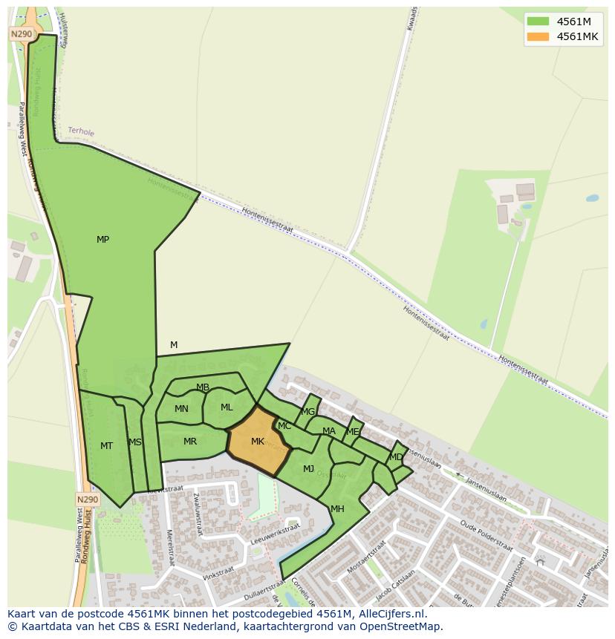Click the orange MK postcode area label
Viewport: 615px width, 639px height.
point(258,442)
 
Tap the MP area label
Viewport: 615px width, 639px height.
point(102,240)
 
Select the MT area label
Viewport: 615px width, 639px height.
point(106,446)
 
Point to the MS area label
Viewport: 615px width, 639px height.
point(134,442)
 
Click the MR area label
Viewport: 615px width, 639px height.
point(190,442)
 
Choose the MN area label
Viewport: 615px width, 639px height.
point(181,409)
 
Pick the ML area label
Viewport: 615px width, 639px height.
point(227,407)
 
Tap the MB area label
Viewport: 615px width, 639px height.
point(203,387)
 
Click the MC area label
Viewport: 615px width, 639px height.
point(284,426)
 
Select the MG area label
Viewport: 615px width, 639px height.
point(308,412)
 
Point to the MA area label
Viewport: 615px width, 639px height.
point(329,431)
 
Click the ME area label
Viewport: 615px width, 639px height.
point(353,432)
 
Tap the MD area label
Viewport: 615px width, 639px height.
point(396,457)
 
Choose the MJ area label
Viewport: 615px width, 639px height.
point(308,468)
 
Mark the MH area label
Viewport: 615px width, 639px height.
point(337,509)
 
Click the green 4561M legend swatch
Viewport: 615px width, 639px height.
point(538,22)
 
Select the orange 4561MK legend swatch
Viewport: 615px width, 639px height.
point(538,37)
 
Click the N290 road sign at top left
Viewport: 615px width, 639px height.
point(20,34)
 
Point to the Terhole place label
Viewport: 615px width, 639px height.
point(81,131)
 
